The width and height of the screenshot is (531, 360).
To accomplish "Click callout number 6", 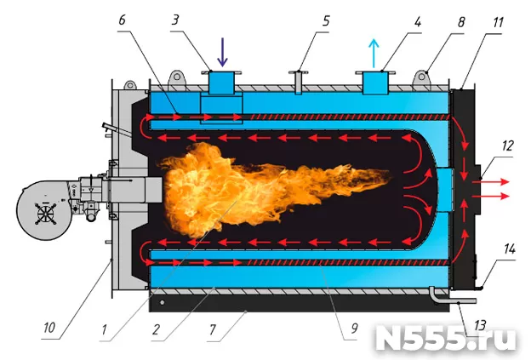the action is [122, 20].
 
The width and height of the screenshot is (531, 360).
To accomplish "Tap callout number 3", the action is [174, 20].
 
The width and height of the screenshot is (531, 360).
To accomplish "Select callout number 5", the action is [325, 21].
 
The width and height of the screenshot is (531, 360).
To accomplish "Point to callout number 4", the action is [418, 21].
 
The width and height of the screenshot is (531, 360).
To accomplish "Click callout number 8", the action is [461, 22].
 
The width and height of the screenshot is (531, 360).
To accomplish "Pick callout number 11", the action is [498, 22].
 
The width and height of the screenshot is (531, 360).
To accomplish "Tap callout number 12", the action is [508, 146].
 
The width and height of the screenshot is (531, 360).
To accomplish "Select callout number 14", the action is [510, 249].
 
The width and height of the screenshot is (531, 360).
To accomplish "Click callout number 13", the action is [480, 325].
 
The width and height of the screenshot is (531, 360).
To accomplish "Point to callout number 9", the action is [354, 328].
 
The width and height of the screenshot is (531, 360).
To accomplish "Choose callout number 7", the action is [213, 329].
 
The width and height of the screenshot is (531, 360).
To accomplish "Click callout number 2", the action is [156, 329].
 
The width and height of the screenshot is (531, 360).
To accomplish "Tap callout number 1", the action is [105, 329].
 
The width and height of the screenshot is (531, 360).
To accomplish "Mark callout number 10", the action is [49, 328].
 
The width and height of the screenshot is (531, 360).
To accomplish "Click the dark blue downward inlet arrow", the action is [222, 52].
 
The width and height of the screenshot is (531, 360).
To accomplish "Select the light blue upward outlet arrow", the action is [374, 53].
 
